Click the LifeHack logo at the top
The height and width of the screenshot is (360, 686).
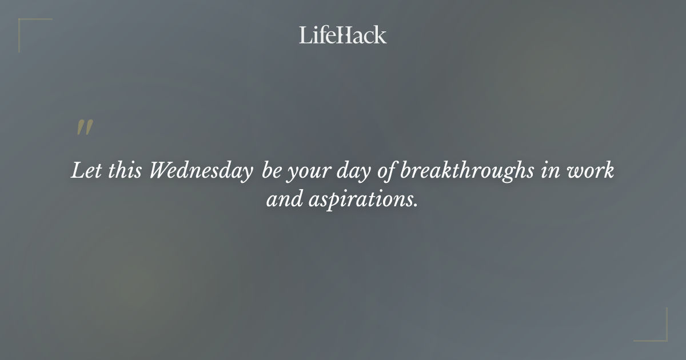tap(342, 35)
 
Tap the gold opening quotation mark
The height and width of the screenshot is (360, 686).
tap(85, 128)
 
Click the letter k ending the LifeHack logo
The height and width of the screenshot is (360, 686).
tap(381, 35)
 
